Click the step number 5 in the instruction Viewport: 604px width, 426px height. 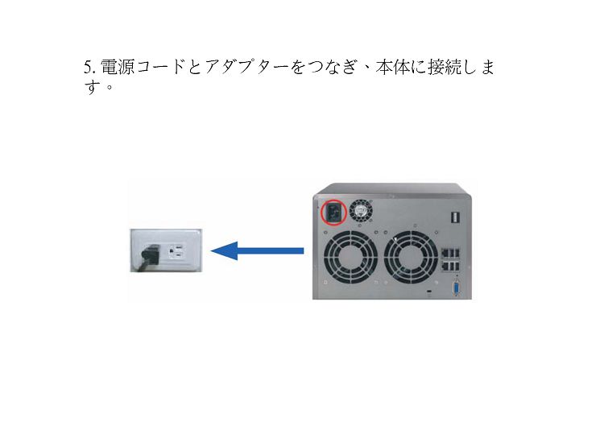pos(89,68)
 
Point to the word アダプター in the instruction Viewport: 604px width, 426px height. pos(246,67)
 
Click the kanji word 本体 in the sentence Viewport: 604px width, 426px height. pos(392,67)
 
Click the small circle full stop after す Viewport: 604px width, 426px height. pos(110,88)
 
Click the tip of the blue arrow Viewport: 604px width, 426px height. pos(211,251)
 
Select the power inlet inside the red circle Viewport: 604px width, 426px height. pos(333,213)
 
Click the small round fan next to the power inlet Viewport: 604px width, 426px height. pos(361,211)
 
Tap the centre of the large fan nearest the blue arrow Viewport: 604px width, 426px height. pos(350,258)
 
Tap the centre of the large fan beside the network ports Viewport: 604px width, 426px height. pos(411,258)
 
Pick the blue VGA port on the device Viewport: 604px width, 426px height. pos(457,288)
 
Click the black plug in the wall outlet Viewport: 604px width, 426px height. pos(151,254)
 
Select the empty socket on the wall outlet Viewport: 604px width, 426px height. pos(176,252)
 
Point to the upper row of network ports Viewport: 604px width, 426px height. pos(451,254)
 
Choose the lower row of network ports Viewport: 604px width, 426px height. pos(451,266)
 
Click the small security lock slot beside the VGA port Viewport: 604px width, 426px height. pos(430,292)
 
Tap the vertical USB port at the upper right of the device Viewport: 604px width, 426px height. pos(454,218)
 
